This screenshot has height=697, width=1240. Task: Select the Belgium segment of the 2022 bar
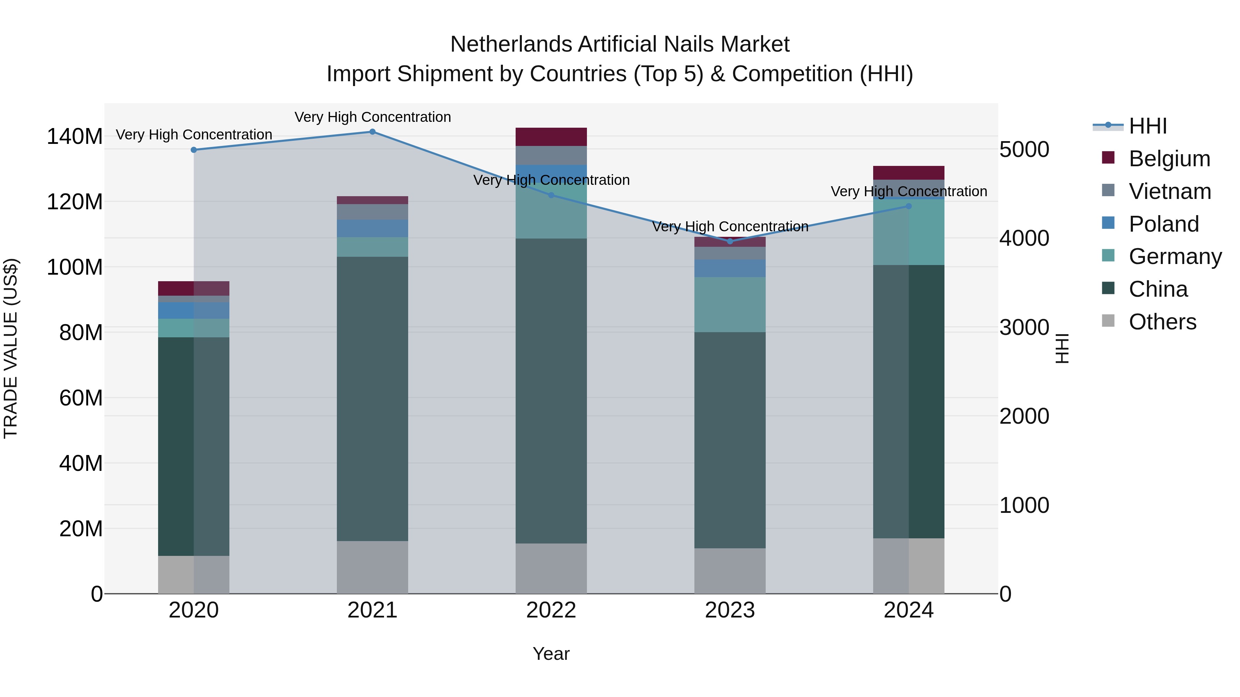click(x=551, y=137)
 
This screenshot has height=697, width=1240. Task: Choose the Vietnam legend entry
click(x=1169, y=191)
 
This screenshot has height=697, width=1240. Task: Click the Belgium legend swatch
click(x=1108, y=158)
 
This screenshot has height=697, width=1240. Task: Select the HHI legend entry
click(x=1148, y=126)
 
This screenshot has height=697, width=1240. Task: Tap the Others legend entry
click(x=1162, y=322)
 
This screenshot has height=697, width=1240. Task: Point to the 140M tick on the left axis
click(x=75, y=136)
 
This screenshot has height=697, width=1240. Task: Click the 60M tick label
click(x=81, y=398)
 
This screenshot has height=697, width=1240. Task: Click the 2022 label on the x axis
click(x=551, y=610)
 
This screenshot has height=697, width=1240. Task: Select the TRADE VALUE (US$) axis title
click(x=11, y=348)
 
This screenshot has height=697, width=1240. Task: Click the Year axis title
click(x=551, y=654)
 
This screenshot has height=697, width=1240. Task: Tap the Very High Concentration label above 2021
click(x=373, y=117)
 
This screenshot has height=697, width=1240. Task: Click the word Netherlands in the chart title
click(x=511, y=44)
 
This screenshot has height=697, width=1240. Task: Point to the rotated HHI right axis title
click(x=1062, y=348)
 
